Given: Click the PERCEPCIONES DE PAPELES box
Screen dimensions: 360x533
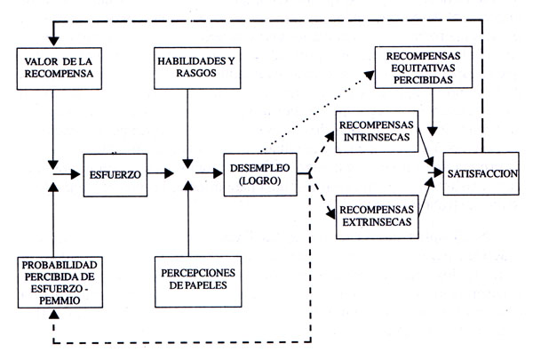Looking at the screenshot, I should [x=190, y=280].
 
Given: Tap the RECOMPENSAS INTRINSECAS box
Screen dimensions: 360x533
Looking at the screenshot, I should [x=376, y=130].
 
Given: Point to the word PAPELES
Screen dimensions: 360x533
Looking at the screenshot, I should [x=189, y=287].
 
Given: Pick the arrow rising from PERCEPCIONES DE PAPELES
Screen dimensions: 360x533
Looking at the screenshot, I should [x=188, y=222].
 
